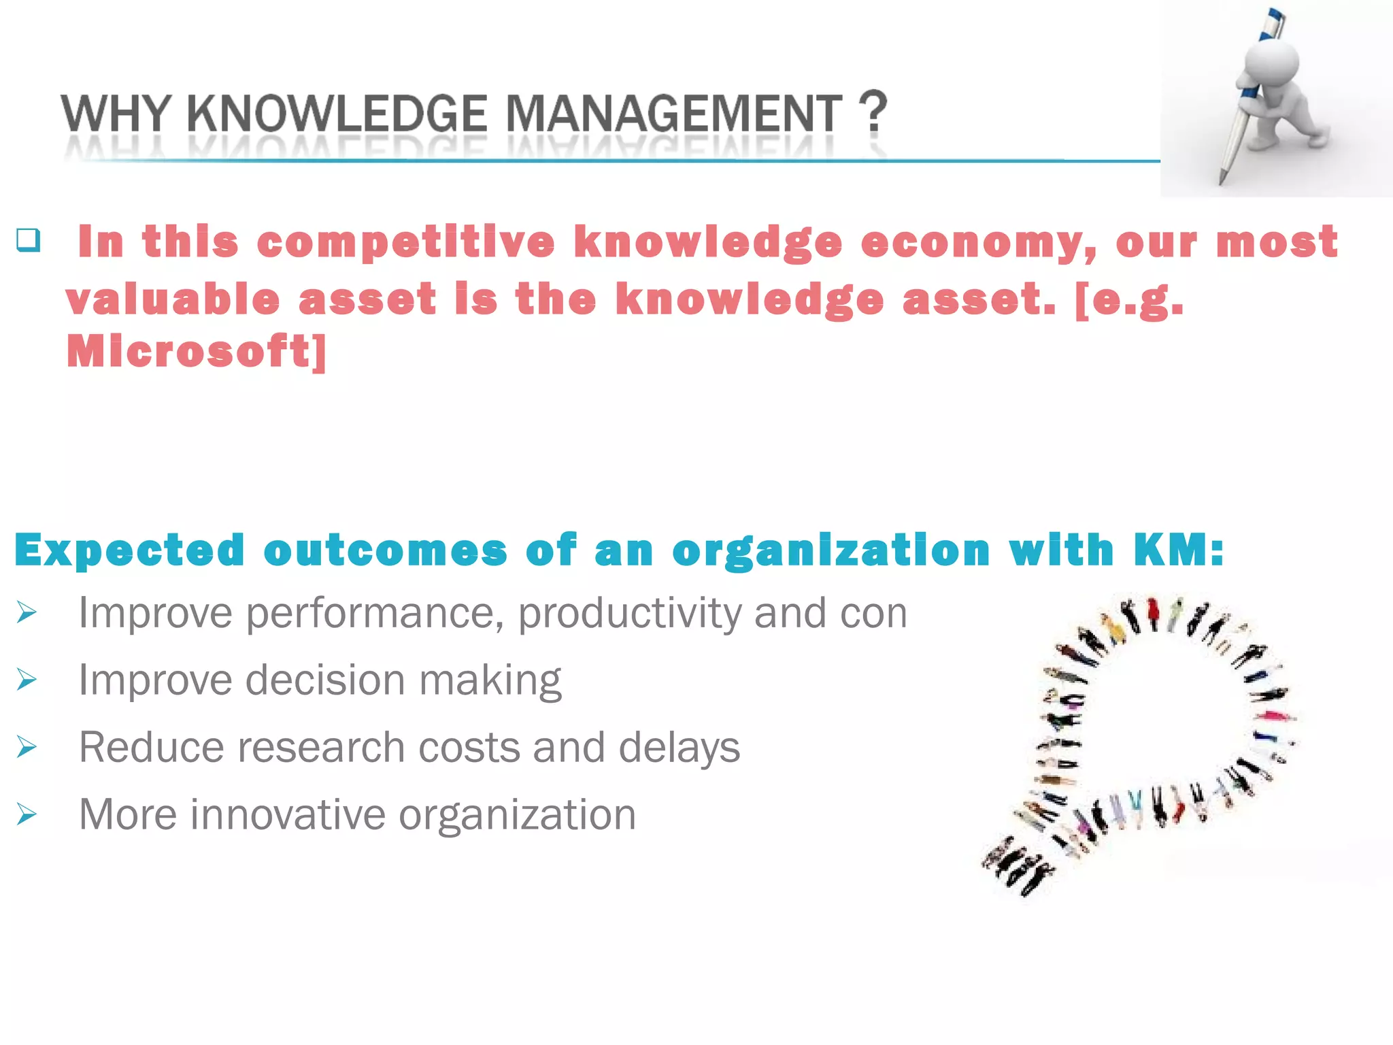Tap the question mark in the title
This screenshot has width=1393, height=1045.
pyautogui.click(x=873, y=112)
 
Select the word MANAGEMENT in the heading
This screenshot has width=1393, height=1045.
pyautogui.click(x=674, y=114)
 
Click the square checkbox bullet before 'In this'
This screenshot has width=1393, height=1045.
pyautogui.click(x=29, y=240)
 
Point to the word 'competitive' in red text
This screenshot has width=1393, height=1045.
pyautogui.click(x=406, y=243)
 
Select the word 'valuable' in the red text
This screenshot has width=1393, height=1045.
pyautogui.click(x=173, y=299)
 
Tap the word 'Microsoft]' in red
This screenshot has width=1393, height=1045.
pyautogui.click(x=197, y=352)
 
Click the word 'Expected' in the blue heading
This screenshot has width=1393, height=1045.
pyautogui.click(x=129, y=550)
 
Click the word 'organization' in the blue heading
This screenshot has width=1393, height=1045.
pyautogui.click(x=830, y=552)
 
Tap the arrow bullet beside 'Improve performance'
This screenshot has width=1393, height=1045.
pyautogui.click(x=27, y=613)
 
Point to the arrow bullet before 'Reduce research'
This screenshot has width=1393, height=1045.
pyautogui.click(x=27, y=747)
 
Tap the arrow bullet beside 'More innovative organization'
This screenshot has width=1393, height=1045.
pyautogui.click(x=27, y=814)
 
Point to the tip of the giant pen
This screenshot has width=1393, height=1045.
pyautogui.click(x=1221, y=182)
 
